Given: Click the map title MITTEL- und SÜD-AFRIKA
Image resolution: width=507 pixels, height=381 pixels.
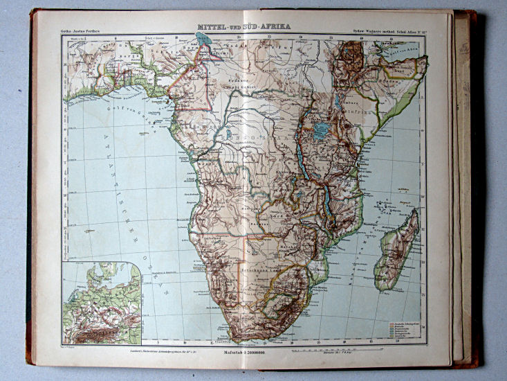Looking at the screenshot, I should pos(243,27).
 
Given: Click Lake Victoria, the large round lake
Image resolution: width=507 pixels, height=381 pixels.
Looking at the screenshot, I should pos(321,131).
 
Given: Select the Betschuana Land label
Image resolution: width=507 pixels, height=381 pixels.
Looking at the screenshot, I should pos(259,265).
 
